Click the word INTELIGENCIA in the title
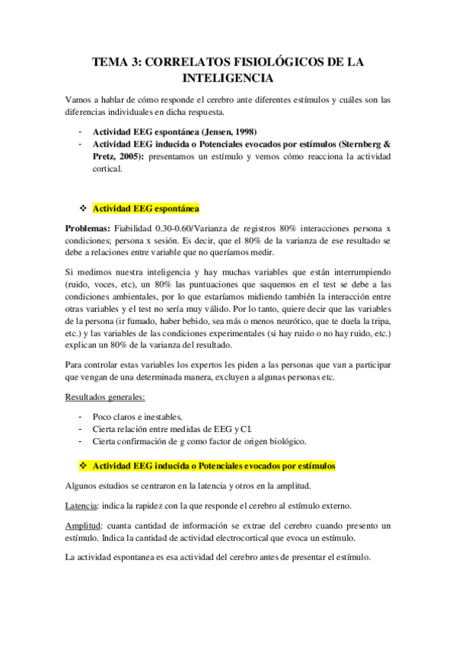pyautogui.click(x=228, y=78)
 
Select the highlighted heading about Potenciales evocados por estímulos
pyautogui.click(x=214, y=465)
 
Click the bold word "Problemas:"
pyautogui.click(x=88, y=228)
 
